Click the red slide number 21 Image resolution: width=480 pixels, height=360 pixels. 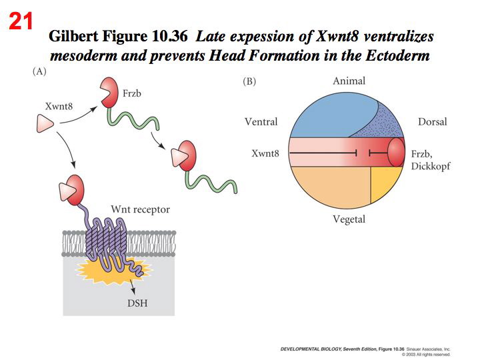(x=21, y=22)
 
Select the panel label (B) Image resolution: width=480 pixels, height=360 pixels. (x=249, y=81)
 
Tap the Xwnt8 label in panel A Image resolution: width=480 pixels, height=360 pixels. (x=59, y=106)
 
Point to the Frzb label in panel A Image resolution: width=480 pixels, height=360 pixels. (x=131, y=94)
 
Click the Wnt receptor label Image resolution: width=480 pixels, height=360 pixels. (x=142, y=209)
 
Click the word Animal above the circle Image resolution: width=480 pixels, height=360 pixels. (x=349, y=81)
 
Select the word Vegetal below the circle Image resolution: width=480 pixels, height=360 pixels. (x=349, y=219)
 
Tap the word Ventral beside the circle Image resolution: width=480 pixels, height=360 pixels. (x=261, y=122)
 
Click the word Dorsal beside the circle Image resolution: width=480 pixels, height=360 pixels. (x=432, y=122)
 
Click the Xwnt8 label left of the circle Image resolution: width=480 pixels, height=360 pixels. (x=265, y=154)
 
